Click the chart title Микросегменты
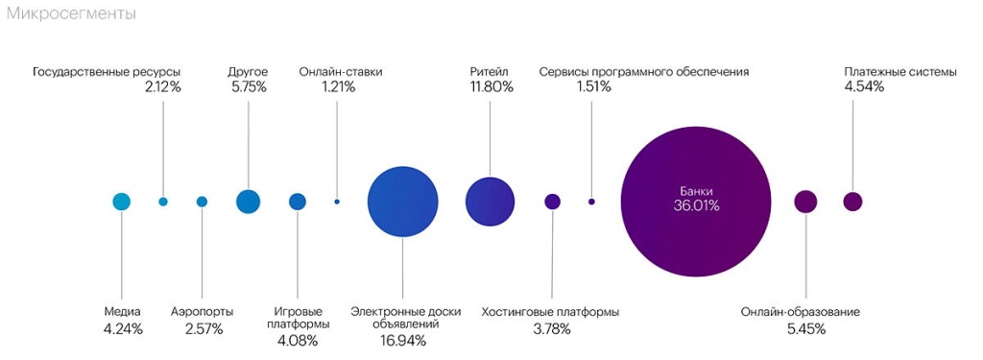point(71,14)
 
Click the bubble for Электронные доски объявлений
point(402,201)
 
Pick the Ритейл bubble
point(491,202)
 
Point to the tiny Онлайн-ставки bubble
point(337,202)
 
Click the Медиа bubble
point(121,202)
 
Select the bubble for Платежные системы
point(852,202)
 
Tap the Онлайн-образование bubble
point(805,202)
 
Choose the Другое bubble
point(248,202)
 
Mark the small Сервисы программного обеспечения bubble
point(591,202)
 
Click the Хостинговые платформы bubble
point(552,202)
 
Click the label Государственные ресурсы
point(107,72)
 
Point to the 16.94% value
point(402,341)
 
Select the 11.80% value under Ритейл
point(491,87)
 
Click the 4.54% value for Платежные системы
point(864,87)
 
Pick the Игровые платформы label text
point(299,318)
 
